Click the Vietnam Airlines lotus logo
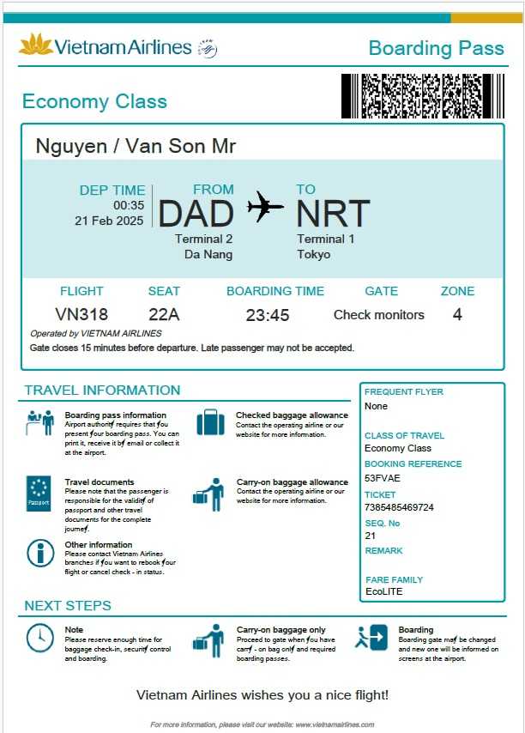point(36,45)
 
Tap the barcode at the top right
point(423,96)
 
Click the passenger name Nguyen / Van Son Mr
point(136,146)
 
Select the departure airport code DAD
point(196,215)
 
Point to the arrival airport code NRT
point(333,215)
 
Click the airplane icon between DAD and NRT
point(265,206)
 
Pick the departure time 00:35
point(129,205)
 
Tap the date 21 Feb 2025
point(110,221)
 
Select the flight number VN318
point(81,315)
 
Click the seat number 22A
point(164,315)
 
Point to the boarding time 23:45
point(268,315)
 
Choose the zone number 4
point(457,314)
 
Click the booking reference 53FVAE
point(383,477)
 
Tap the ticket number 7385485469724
point(399,507)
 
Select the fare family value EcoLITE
point(383,591)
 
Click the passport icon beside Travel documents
point(39,494)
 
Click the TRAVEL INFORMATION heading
point(102,391)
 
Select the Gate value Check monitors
point(378,315)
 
